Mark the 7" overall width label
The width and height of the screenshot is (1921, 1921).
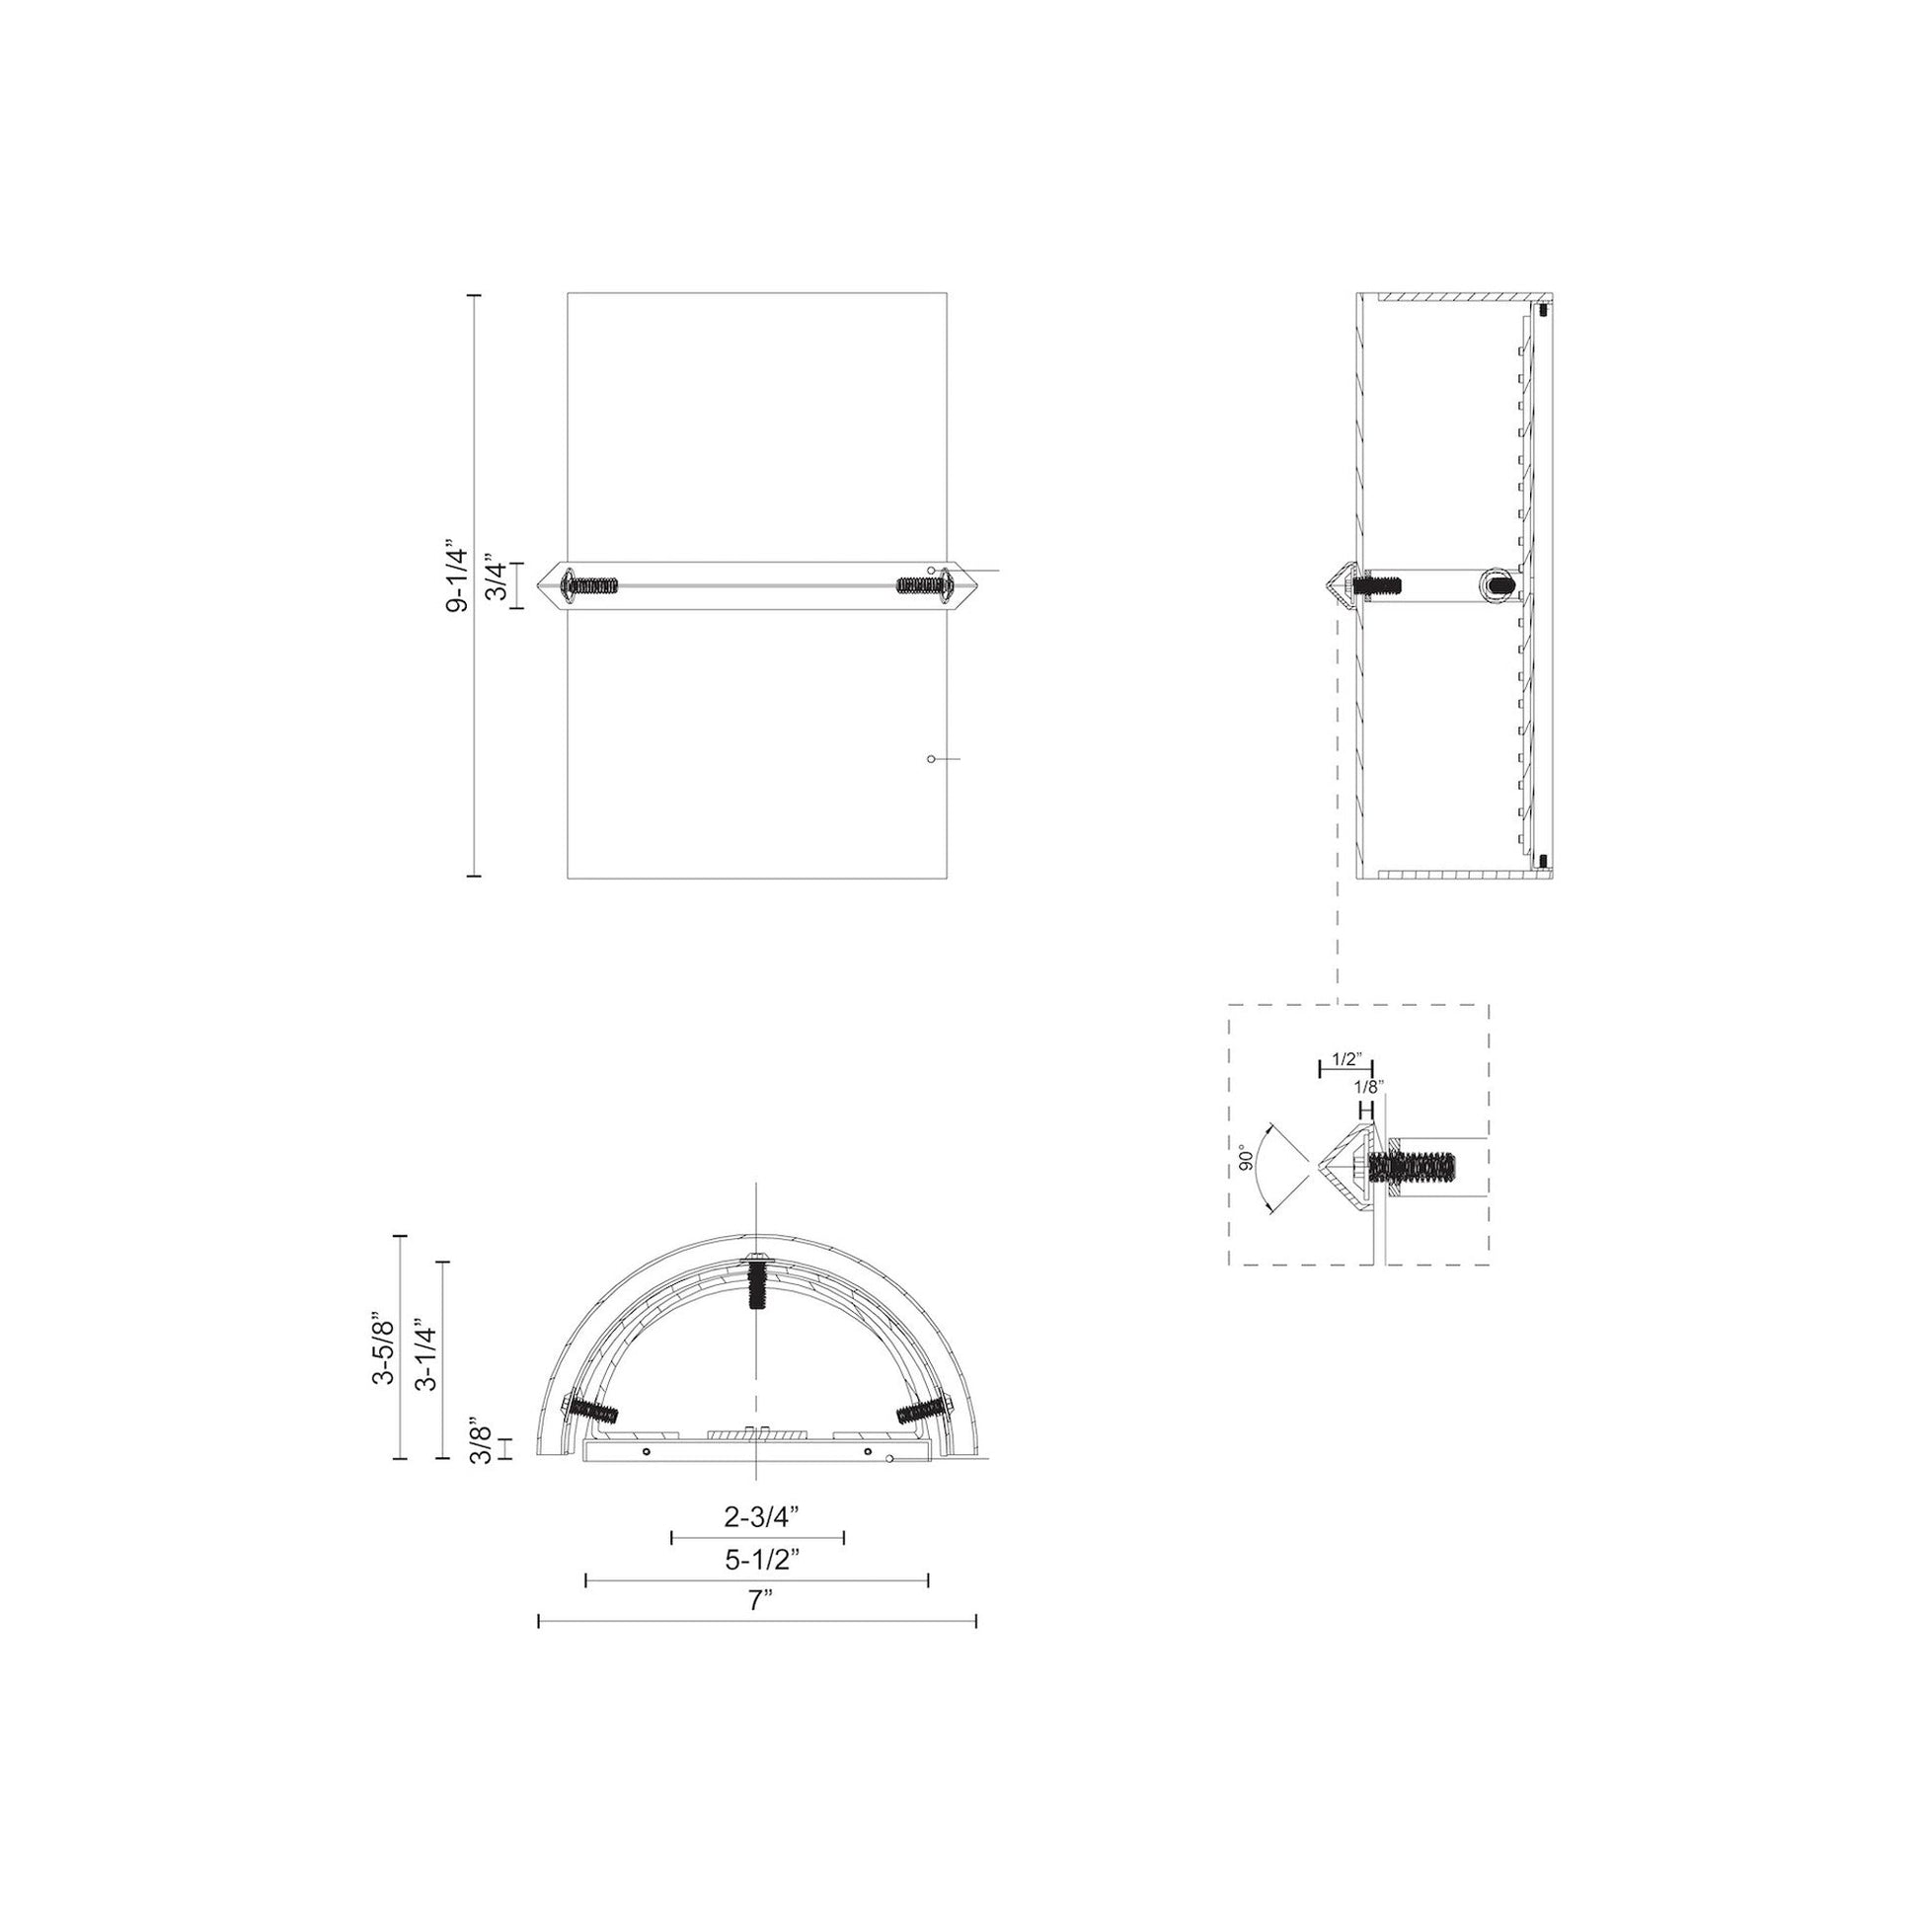tap(761, 1601)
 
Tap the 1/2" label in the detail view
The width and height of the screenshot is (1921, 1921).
tap(1345, 1060)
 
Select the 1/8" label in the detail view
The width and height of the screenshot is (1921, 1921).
tap(1369, 1086)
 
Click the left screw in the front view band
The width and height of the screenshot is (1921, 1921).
tap(590, 585)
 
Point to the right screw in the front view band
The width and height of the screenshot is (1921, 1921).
tap(924, 585)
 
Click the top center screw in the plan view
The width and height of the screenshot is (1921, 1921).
tap(758, 1284)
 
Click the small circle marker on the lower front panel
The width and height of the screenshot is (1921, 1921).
tap(931, 759)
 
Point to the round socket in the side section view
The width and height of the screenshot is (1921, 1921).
tap(1498, 584)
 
